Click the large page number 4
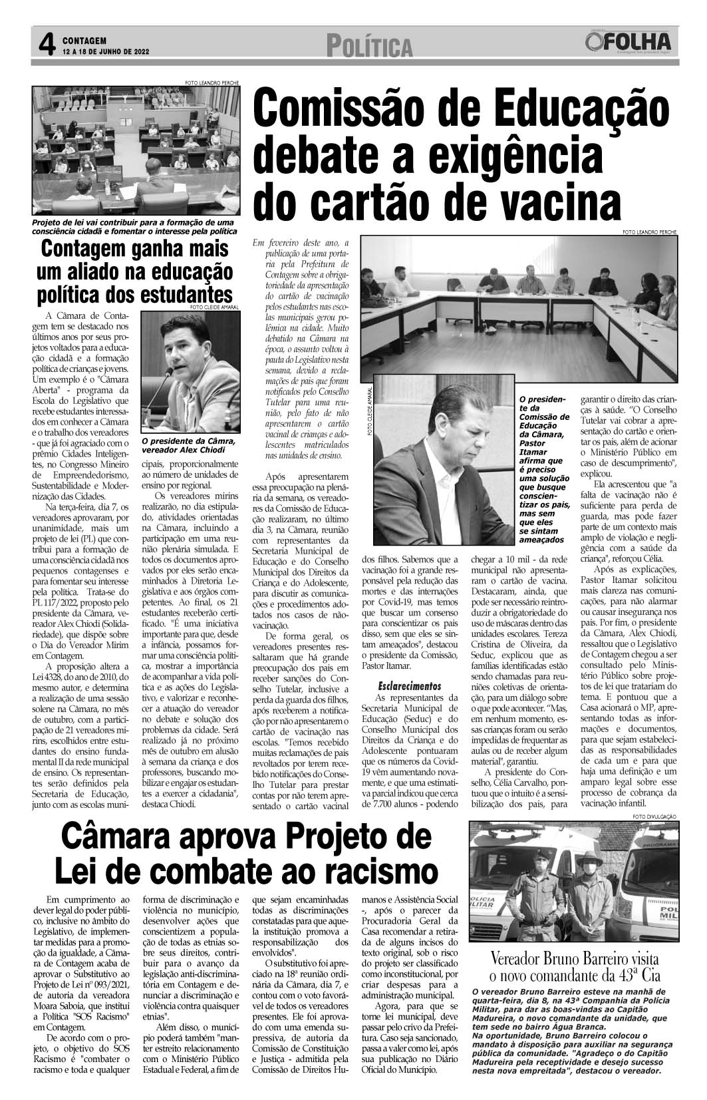(45, 45)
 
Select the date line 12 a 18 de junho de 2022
(106, 51)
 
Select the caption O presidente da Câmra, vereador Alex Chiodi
(188, 445)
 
